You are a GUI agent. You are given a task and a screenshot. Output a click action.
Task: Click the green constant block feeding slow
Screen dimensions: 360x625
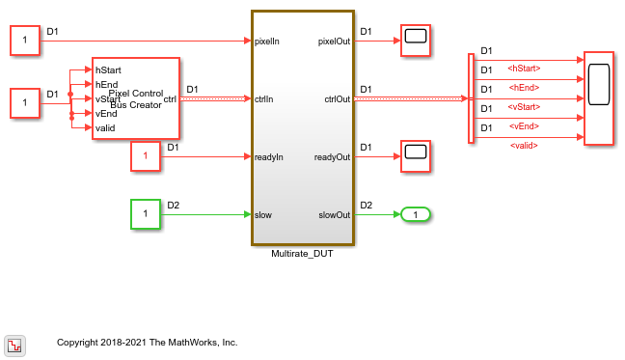(x=145, y=212)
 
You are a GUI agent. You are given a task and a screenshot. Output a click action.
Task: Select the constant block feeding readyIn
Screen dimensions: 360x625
(x=145, y=155)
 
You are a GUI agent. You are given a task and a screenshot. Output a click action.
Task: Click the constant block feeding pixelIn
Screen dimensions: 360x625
(x=24, y=42)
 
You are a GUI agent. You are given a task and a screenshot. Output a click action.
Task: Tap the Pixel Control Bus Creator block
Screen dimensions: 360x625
(x=135, y=98)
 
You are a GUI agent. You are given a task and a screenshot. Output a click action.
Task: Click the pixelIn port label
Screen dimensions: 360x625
(x=269, y=42)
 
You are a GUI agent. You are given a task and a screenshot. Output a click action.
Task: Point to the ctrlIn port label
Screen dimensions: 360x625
(x=266, y=98)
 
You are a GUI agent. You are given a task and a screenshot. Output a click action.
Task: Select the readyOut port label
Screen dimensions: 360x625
(x=332, y=156)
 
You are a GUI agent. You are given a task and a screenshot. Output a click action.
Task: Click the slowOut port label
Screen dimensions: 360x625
(x=334, y=213)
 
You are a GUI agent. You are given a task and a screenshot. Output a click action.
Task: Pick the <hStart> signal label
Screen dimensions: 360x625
(x=524, y=69)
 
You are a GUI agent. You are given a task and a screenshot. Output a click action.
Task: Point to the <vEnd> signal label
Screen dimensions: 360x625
(x=524, y=126)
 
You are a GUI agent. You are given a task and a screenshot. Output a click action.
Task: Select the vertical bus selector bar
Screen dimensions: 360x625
(x=471, y=98)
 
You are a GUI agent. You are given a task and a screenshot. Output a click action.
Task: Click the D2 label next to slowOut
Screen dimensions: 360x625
(x=366, y=204)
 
